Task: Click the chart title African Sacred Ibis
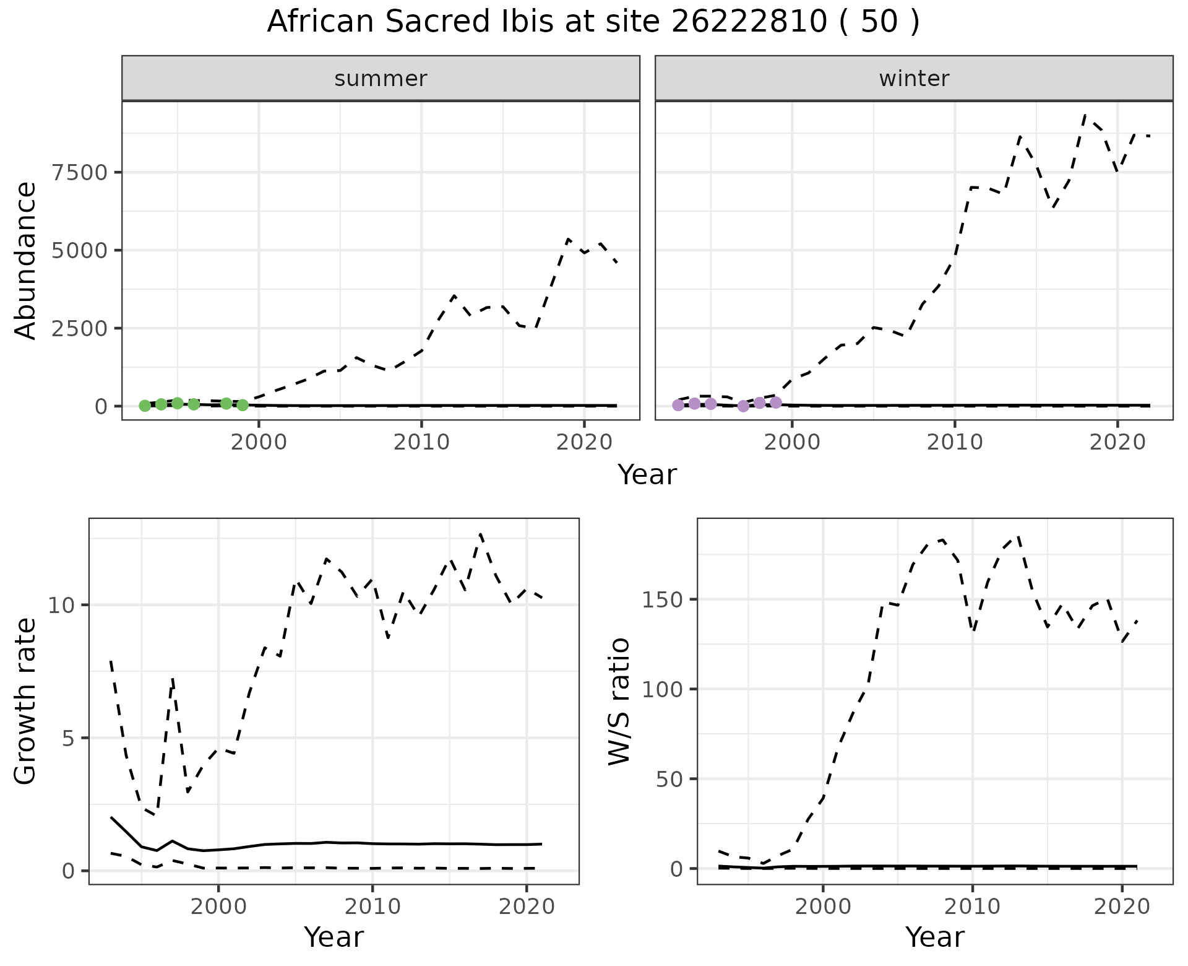pos(593,22)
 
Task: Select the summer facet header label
pos(381,79)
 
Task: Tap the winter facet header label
pos(914,79)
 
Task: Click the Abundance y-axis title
pos(26,260)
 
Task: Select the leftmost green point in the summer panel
pos(145,406)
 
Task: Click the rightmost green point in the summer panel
pos(243,405)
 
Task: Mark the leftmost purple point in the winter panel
pos(678,405)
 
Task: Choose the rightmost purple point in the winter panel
pos(776,402)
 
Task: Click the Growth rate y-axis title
pos(26,701)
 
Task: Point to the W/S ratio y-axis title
pos(619,701)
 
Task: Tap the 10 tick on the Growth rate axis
pos(61,605)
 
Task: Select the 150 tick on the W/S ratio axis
pos(662,599)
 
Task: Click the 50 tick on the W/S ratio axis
pos(668,778)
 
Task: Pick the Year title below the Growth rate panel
pos(334,937)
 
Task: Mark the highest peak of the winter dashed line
pos(1085,115)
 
